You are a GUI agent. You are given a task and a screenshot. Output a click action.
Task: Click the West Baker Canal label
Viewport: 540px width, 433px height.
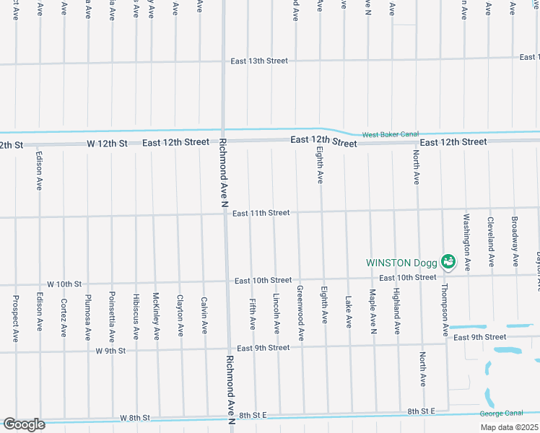(390, 134)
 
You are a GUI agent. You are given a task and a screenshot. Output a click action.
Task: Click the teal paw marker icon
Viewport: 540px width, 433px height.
(448, 261)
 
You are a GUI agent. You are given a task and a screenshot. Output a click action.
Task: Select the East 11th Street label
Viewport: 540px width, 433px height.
(261, 213)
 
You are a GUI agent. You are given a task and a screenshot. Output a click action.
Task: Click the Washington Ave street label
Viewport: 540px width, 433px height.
(467, 242)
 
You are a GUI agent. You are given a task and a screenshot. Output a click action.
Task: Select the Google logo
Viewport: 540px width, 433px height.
(24, 424)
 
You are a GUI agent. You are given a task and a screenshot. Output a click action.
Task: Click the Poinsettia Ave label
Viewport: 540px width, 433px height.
(112, 316)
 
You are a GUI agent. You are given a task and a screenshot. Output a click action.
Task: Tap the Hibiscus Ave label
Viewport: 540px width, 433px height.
(136, 316)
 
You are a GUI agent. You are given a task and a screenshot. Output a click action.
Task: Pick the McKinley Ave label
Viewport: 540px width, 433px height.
(156, 315)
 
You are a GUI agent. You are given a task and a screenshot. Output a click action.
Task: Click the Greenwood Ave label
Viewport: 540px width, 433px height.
(300, 313)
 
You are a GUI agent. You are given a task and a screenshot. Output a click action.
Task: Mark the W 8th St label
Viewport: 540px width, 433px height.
(134, 418)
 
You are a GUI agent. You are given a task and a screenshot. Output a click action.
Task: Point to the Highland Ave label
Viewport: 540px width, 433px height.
(397, 311)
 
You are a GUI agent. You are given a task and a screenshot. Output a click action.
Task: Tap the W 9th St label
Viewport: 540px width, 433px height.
(110, 351)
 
